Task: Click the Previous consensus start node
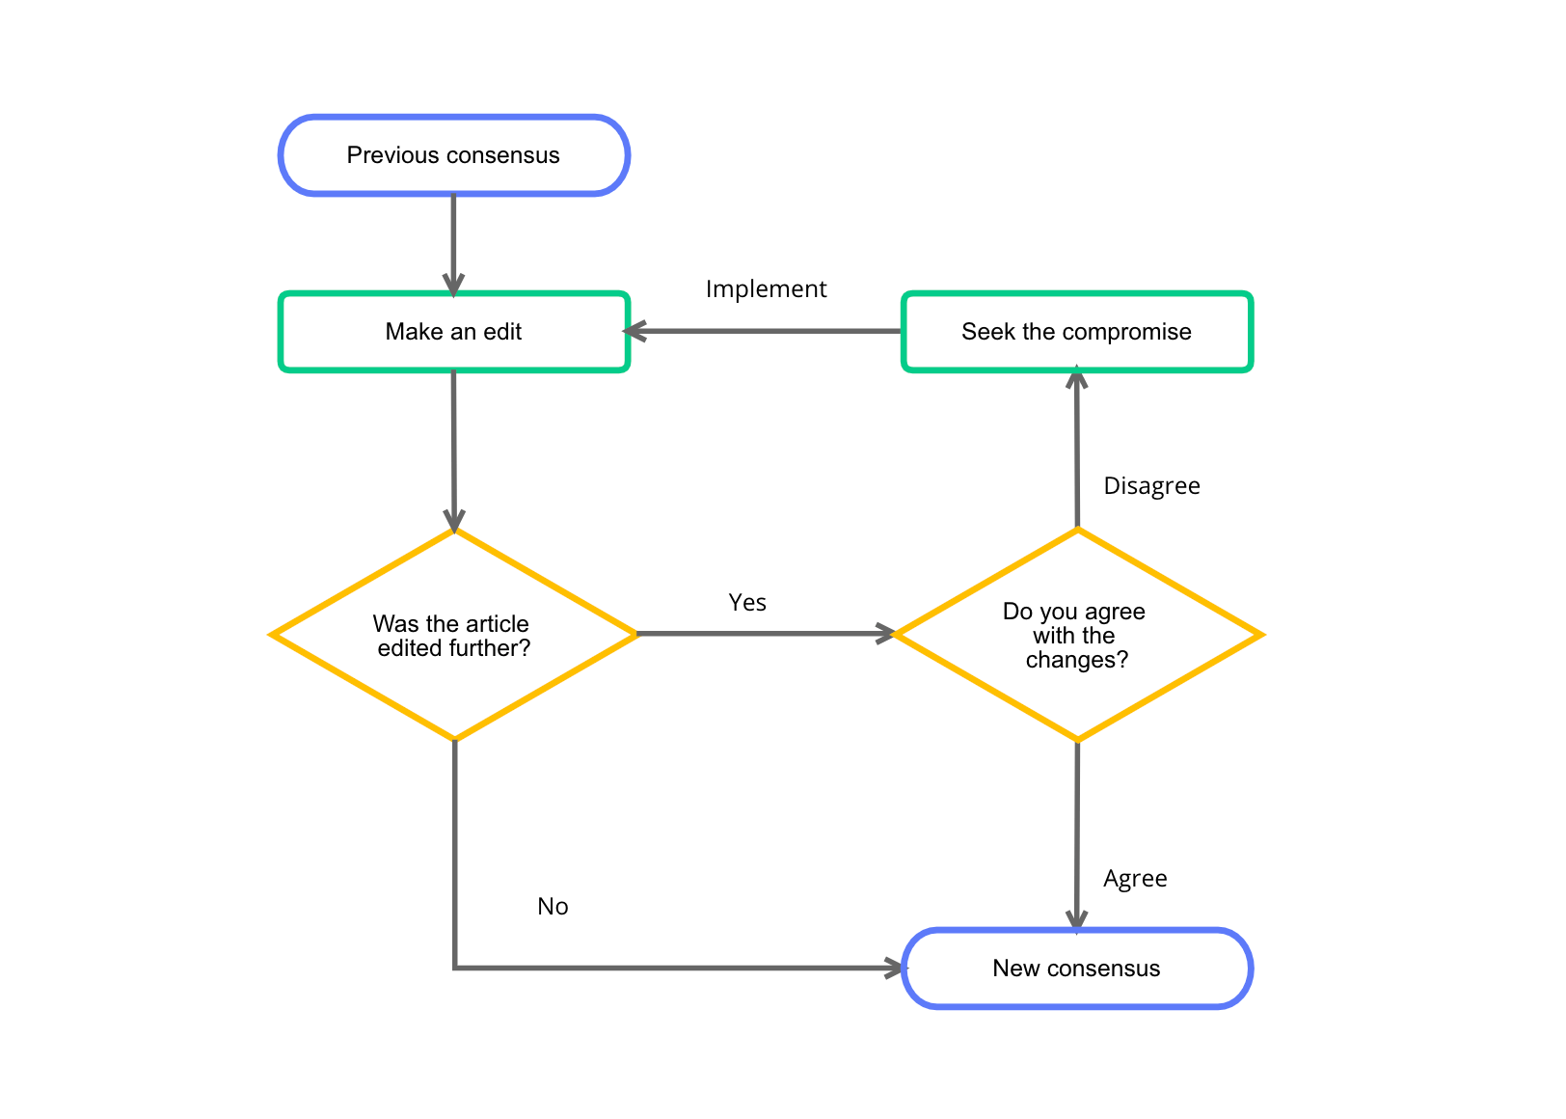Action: (x=453, y=155)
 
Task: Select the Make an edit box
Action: (x=453, y=332)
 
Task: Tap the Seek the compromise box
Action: (x=1076, y=332)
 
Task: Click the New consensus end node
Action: (x=1076, y=969)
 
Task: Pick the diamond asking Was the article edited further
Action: (x=453, y=635)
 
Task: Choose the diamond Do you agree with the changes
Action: (x=1076, y=635)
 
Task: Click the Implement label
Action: (x=766, y=289)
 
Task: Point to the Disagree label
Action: (x=1151, y=486)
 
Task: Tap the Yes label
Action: (x=747, y=603)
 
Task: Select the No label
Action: (x=553, y=907)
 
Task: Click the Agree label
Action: (x=1135, y=879)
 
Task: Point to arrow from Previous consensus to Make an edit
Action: (x=453, y=241)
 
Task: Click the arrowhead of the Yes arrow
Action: (x=885, y=634)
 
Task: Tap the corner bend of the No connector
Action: (x=454, y=968)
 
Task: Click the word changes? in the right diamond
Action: (x=1076, y=660)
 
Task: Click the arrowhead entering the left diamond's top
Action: (x=453, y=521)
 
